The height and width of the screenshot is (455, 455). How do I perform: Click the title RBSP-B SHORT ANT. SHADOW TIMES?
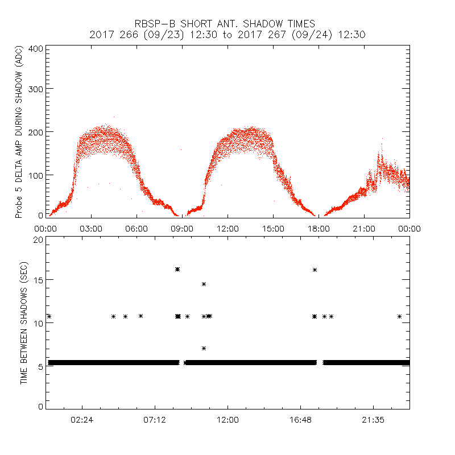click(x=227, y=23)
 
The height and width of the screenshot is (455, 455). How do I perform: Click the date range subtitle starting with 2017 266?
click(x=227, y=35)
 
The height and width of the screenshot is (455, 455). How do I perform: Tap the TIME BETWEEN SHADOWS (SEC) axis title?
click(x=24, y=323)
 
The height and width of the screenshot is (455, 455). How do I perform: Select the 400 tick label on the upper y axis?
click(x=36, y=49)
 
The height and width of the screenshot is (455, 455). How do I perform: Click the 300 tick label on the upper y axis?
click(x=36, y=89)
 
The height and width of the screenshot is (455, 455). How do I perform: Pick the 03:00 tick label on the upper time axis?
click(x=91, y=228)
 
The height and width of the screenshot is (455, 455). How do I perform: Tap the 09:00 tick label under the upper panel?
click(x=182, y=228)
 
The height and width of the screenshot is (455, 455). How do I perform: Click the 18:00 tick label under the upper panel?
click(x=318, y=228)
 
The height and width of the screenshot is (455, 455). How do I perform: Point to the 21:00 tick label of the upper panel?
click(x=364, y=228)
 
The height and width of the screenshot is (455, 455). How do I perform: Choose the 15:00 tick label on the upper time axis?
click(x=273, y=228)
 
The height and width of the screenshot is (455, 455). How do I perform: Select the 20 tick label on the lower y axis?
click(x=39, y=240)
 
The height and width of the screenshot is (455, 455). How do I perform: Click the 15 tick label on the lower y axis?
click(x=39, y=280)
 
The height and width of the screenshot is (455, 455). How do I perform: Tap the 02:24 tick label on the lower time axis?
click(x=82, y=420)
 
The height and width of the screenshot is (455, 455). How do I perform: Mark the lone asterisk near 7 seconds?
click(x=204, y=348)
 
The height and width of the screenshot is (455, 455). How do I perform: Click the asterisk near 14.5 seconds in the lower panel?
click(x=204, y=284)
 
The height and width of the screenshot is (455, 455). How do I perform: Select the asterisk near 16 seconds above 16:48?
click(x=315, y=270)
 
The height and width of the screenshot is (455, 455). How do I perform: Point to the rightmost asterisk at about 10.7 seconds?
click(x=400, y=316)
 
